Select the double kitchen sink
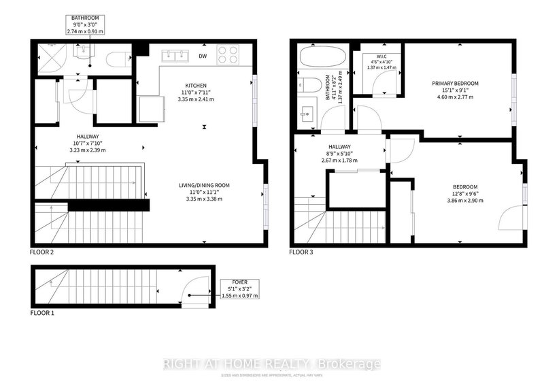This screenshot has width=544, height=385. [x=174, y=54]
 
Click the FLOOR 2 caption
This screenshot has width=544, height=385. [x=41, y=252]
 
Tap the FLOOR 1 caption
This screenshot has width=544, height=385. [x=41, y=314]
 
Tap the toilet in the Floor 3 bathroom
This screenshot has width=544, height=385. [x=311, y=86]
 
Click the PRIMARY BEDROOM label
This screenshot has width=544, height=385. [x=456, y=84]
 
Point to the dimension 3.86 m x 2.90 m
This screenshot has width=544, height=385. [x=466, y=201]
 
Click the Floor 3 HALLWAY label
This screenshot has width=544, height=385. [x=339, y=147]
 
